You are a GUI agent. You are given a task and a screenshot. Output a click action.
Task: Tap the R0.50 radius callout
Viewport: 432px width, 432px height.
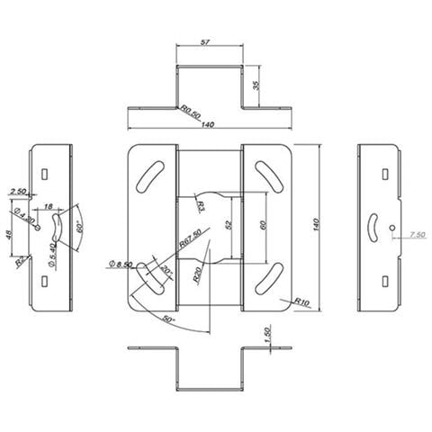189,112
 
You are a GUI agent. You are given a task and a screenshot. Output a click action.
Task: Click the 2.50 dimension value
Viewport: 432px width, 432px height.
18,191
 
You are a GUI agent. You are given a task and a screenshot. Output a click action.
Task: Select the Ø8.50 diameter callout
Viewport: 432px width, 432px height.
120,264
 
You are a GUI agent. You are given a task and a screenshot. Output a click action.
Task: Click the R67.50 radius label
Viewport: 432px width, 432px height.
190,241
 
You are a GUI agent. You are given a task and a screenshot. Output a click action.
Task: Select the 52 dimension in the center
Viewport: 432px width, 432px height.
227,224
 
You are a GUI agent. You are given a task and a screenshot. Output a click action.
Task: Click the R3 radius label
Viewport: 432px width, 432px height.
200,207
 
